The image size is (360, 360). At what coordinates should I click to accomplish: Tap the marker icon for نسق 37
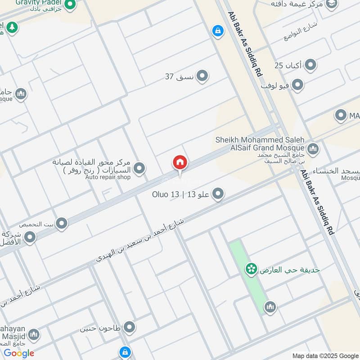[x=202, y=76]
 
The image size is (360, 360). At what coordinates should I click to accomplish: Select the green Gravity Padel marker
[x=70, y=5]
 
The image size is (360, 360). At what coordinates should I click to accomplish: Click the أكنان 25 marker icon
[x=310, y=66]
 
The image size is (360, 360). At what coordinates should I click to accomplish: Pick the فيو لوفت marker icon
[x=297, y=85]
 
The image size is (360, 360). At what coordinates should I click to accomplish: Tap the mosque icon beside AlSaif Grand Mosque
[x=313, y=148]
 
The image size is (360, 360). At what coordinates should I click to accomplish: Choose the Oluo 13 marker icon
[x=218, y=194]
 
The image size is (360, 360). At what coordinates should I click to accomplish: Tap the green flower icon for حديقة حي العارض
[x=251, y=270]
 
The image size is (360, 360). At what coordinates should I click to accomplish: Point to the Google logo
[x=19, y=353]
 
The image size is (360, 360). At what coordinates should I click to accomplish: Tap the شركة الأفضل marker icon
[x=30, y=237]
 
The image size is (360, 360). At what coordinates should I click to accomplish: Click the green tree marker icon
[x=12, y=27]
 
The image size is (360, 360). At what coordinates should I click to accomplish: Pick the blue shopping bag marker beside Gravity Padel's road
[x=218, y=31]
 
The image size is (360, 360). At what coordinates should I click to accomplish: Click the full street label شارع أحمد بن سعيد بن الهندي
[x=140, y=239]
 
